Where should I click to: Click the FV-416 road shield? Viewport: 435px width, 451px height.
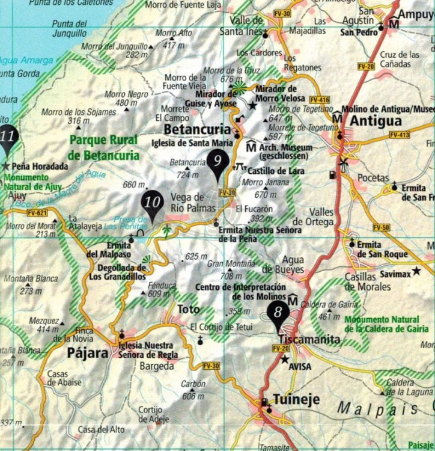click(x=320, y=99)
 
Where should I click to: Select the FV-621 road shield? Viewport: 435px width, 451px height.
click(x=37, y=213)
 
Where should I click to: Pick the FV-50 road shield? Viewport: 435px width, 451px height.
click(x=381, y=227)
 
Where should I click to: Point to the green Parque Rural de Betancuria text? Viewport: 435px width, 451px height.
click(x=103, y=147)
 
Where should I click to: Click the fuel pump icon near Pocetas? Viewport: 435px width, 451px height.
click(x=332, y=175)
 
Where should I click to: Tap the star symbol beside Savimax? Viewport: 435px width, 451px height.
click(x=416, y=271)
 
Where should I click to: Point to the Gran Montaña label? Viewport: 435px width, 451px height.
click(x=228, y=264)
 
